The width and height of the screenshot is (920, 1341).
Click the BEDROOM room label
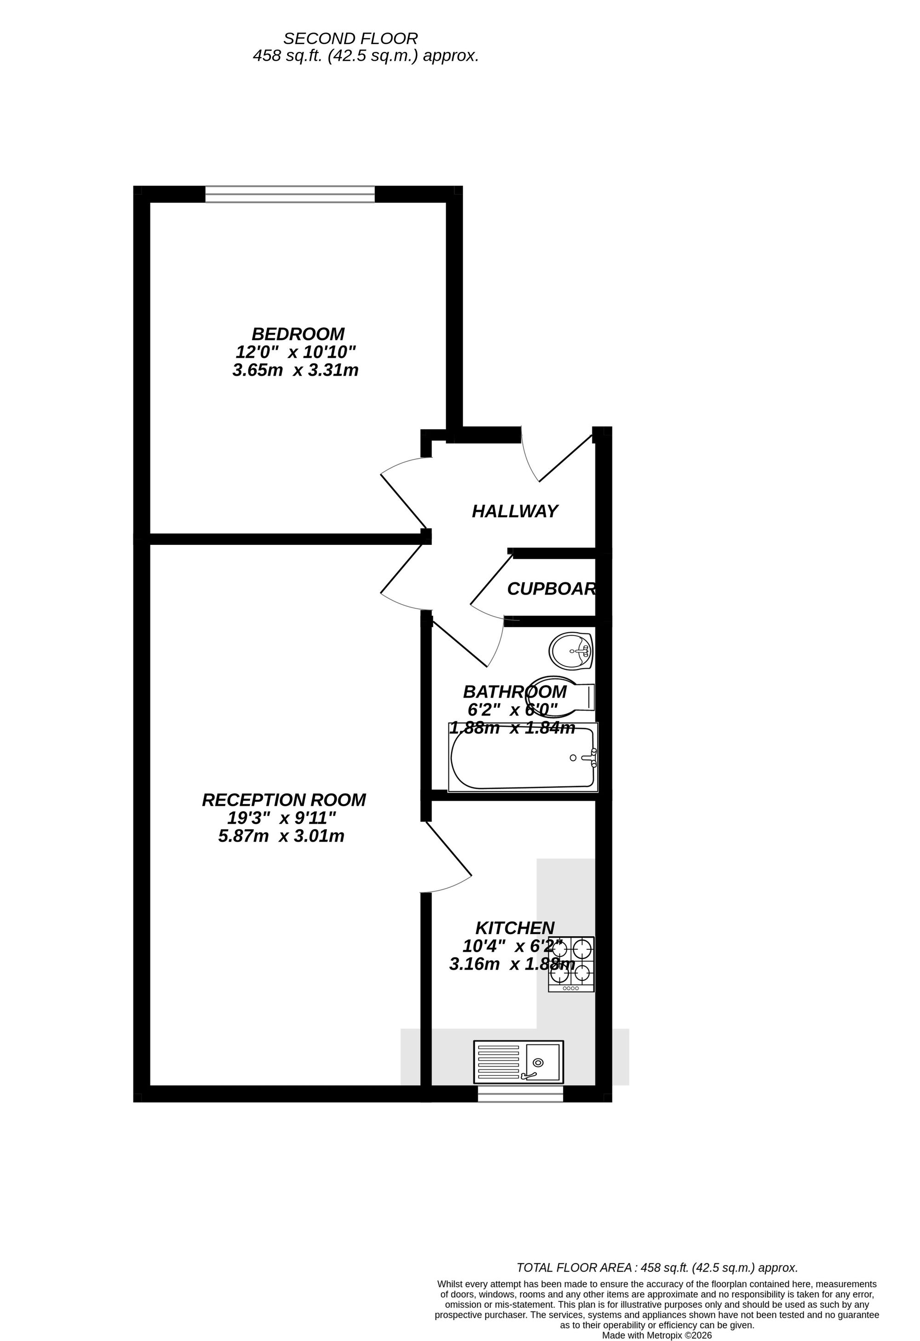(x=298, y=334)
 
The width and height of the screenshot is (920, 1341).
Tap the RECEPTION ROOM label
(x=284, y=800)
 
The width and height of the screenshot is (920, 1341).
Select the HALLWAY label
(x=514, y=511)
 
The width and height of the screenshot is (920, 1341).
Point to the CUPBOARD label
(x=551, y=589)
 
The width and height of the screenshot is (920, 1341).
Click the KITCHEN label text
(x=514, y=928)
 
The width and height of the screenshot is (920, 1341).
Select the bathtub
(x=523, y=757)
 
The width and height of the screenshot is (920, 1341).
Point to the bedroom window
(x=289, y=195)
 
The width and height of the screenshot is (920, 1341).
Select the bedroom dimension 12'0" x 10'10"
(x=296, y=352)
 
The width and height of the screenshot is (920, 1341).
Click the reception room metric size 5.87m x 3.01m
(x=281, y=836)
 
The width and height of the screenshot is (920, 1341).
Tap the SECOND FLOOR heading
(x=350, y=39)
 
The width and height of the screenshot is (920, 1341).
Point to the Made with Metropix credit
(x=657, y=1335)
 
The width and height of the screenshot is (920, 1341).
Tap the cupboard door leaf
(x=491, y=580)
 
